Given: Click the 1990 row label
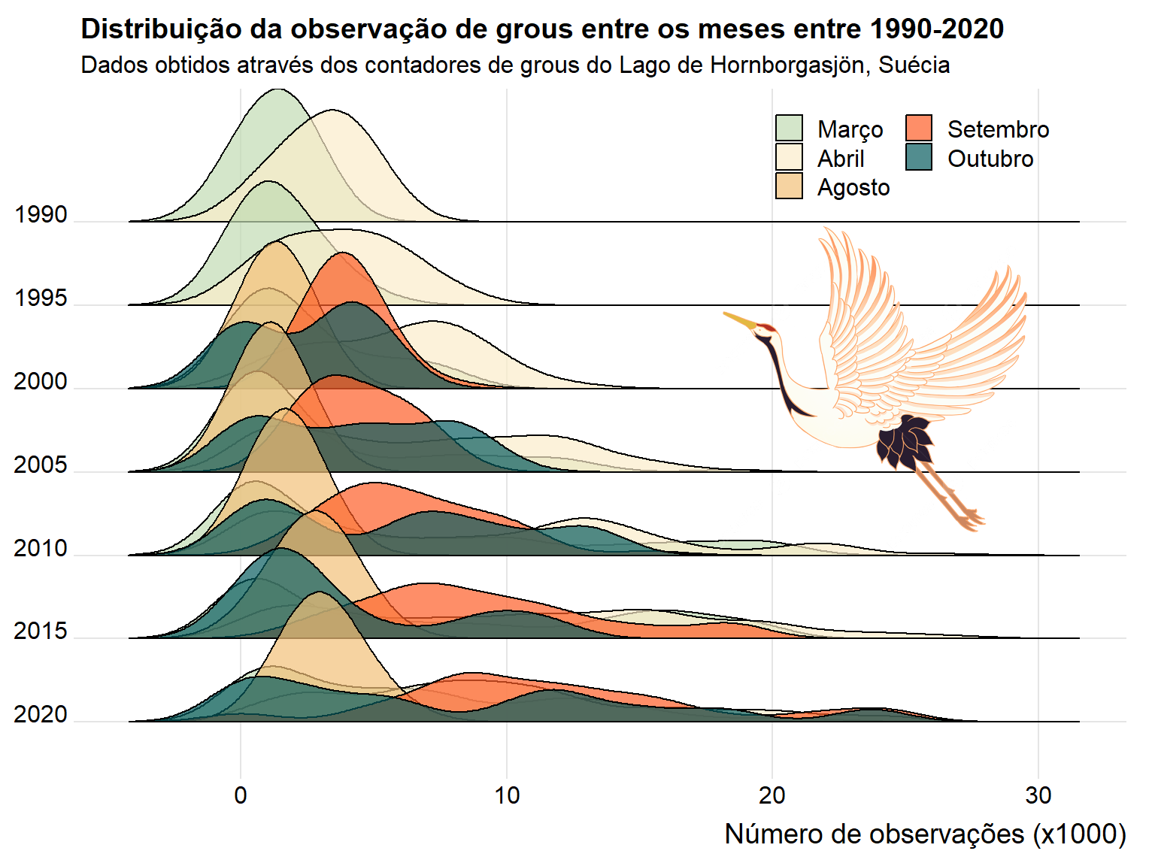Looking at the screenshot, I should pos(41,215).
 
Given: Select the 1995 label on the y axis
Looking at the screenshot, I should pos(41,298).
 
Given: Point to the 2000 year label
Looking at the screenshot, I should pos(41,382).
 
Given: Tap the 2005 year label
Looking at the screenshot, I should pos(41,465).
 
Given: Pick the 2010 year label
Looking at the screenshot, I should pos(41,549).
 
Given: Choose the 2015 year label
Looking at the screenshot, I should pos(41,631).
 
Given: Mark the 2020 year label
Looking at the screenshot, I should pos(41,715).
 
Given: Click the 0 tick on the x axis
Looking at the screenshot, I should pos(241,795).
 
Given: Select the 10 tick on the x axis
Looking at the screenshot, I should pos(507,795).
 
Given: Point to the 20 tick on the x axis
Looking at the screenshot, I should pos(772,795).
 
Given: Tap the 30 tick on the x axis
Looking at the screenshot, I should pos(1038,795).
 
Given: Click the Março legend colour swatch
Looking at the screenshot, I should pos(789,129).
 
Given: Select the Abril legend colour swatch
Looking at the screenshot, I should pos(789,158).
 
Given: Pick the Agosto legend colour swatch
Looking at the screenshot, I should pos(789,186).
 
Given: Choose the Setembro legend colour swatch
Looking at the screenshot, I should pos(919,129).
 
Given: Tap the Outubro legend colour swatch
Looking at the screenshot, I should pos(919,158).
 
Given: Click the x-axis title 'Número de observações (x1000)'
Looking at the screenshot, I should pos(925,834).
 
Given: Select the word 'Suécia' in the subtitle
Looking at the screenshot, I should pos(914,65).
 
